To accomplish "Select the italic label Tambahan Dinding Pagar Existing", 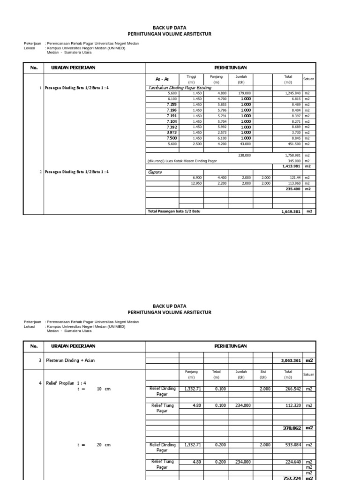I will point(179,88).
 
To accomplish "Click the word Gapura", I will point(155,172).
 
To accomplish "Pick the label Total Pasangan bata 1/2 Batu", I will point(175,211).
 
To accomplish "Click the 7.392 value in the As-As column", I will point(172,127).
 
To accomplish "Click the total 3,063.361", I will point(290,360).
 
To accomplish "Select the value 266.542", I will point(292,389).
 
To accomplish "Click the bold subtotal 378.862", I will point(291,428).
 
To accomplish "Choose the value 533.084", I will point(292,445).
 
